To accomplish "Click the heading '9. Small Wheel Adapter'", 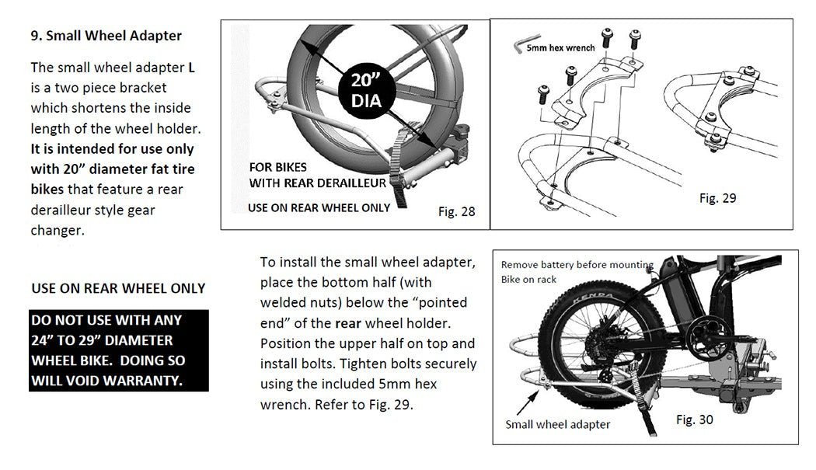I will pos(106,36).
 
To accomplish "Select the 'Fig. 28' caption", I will pos(456,211).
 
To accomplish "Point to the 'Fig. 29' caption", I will pos(717,198).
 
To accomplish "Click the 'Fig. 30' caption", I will pos(694,420).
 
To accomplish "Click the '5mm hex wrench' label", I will pos(560,48).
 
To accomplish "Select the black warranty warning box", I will pos(119,350).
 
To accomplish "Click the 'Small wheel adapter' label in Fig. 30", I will pos(557,424).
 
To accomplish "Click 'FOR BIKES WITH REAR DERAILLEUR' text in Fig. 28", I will pos(317,176).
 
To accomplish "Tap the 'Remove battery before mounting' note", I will pos(577,265).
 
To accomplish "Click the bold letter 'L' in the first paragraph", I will pos(191,68).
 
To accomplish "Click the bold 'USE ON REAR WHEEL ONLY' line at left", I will pos(118,288).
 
